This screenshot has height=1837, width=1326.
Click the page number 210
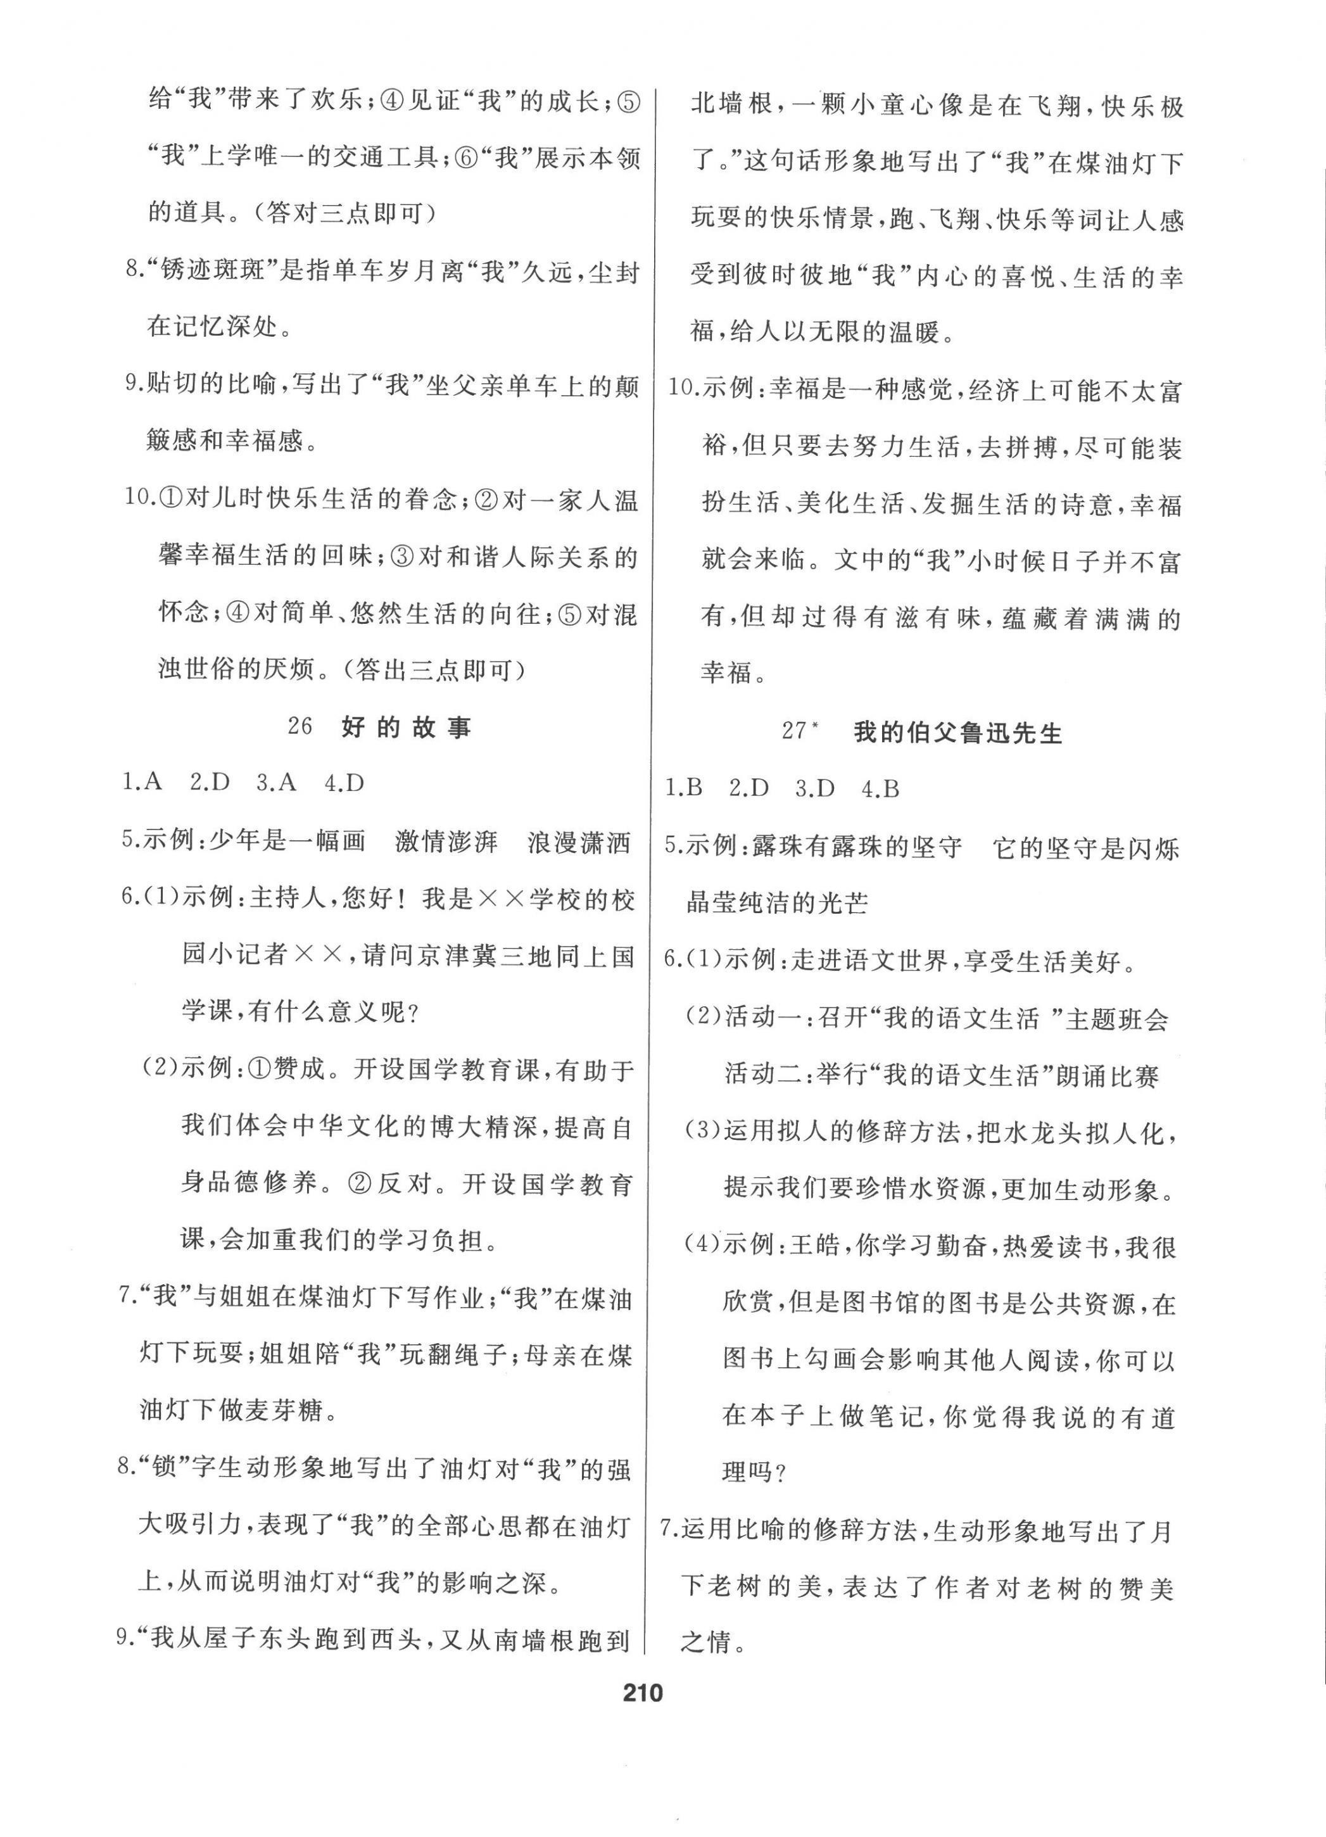pos(642,1715)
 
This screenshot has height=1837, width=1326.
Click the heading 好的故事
pos(406,728)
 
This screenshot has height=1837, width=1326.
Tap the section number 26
pos(300,726)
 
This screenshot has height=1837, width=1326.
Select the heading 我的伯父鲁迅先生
pos(957,733)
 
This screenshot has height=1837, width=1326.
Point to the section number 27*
pos(800,731)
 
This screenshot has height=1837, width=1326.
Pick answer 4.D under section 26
pos(344,783)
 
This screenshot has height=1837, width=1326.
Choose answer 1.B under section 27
pos(685,789)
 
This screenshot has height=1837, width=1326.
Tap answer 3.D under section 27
pos(815,789)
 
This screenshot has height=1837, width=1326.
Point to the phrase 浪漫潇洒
pos(578,842)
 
